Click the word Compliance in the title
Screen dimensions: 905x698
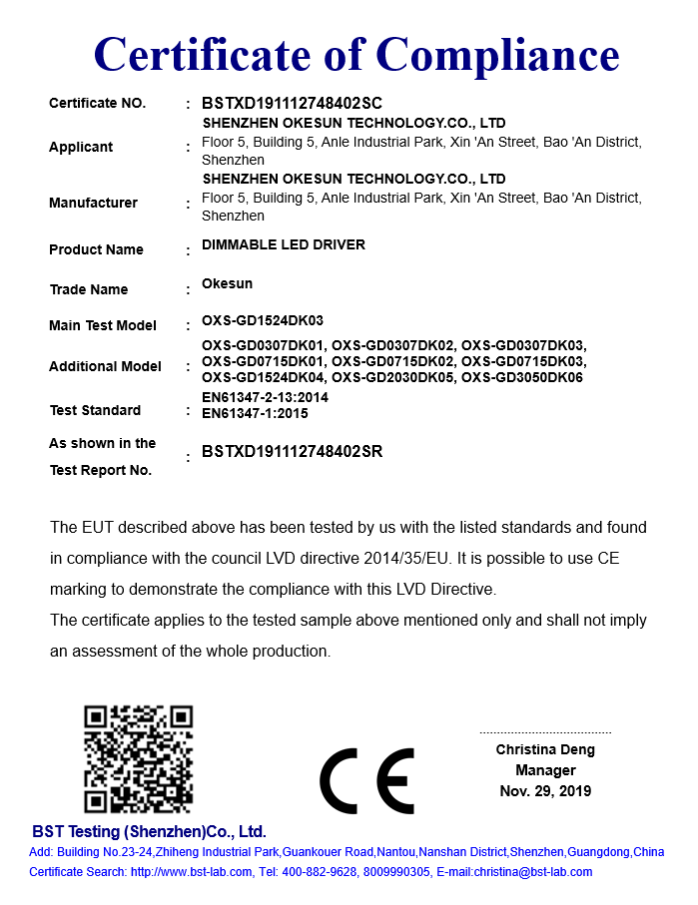(x=498, y=54)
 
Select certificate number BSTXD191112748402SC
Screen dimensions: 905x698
(x=292, y=103)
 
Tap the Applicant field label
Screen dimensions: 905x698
(x=81, y=147)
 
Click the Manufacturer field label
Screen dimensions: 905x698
(x=93, y=203)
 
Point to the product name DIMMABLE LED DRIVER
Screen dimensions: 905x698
(x=284, y=244)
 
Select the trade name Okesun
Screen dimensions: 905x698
(x=227, y=283)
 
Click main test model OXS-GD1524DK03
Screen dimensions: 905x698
(x=263, y=321)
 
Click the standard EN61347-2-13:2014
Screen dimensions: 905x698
(x=265, y=397)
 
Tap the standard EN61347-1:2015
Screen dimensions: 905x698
(x=255, y=412)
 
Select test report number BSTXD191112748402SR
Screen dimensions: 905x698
(x=292, y=452)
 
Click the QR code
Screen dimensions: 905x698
(x=138, y=759)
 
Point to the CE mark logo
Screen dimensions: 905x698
(x=366, y=780)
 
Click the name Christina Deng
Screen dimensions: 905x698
(x=545, y=749)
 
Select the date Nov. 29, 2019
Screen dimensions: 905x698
(x=545, y=791)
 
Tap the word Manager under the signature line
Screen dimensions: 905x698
(x=545, y=770)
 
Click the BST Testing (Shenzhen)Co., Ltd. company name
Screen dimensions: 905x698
(x=149, y=831)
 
